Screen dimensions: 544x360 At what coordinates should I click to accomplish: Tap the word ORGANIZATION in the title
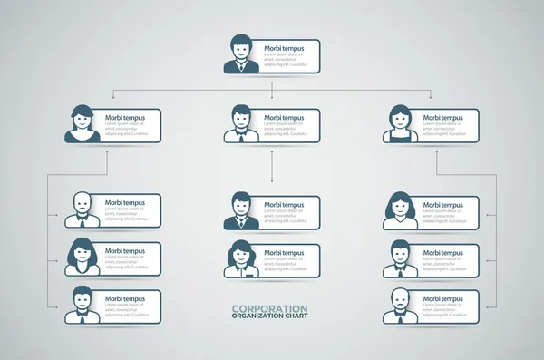[x=257, y=316]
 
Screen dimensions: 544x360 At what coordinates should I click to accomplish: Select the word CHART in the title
[x=295, y=316]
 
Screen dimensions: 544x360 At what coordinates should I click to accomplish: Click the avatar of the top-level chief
[x=240, y=54]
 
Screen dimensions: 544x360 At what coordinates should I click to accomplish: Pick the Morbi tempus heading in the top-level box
[x=284, y=47]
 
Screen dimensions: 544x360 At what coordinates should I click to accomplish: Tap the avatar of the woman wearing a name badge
[x=240, y=259]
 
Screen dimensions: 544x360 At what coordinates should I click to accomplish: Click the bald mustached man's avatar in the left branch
[x=81, y=211]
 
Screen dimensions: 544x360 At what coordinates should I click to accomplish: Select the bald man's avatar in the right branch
[x=399, y=306]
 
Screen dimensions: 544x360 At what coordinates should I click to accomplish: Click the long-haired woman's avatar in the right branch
[x=399, y=211]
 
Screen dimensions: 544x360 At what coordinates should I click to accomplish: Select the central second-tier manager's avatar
[x=240, y=125]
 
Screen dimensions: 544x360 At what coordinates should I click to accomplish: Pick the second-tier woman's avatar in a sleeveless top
[x=399, y=125]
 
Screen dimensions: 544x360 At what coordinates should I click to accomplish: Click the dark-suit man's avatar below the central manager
[x=240, y=211]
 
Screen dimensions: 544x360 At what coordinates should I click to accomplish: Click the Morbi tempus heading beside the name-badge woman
[x=284, y=252]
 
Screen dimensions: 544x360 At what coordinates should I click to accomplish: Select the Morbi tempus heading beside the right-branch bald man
[x=442, y=300]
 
